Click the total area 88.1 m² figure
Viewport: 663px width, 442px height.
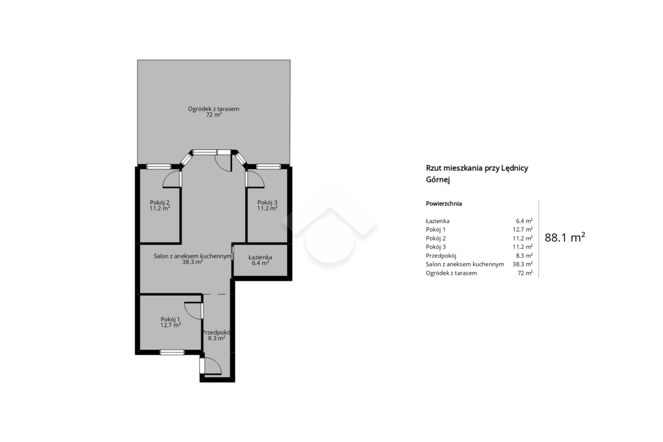(x=565, y=238)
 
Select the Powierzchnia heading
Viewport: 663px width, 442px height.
(x=444, y=203)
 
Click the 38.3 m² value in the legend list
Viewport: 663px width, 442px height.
(x=523, y=264)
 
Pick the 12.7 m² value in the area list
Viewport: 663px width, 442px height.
(x=523, y=229)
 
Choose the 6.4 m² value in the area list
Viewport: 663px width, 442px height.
(x=524, y=221)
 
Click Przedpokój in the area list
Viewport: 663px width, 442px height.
(x=441, y=255)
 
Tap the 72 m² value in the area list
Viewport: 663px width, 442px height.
(x=525, y=273)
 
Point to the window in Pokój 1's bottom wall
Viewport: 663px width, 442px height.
(x=172, y=352)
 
